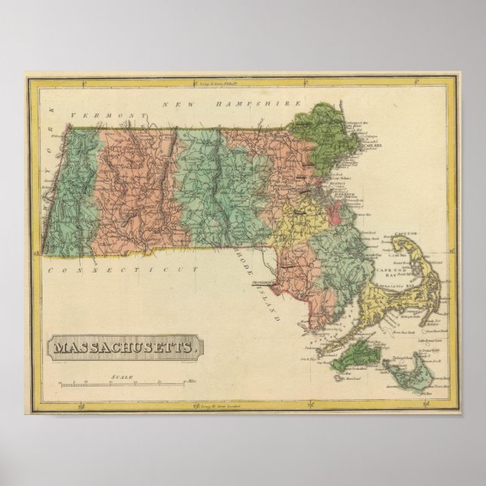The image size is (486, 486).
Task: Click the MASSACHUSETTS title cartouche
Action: pyautogui.click(x=126, y=348)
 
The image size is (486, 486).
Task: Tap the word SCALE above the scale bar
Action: pyautogui.click(x=121, y=376)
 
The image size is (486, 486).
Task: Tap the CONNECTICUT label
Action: pyautogui.click(x=121, y=269)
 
